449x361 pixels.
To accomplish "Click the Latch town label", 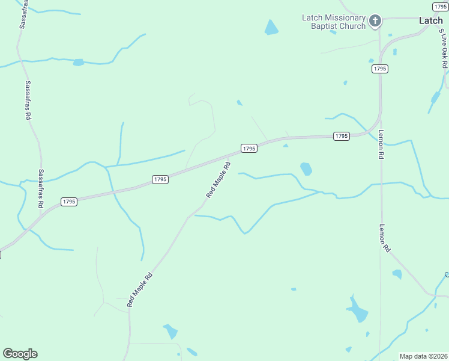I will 430,20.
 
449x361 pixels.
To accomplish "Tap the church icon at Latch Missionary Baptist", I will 375,22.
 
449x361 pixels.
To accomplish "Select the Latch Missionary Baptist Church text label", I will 333,22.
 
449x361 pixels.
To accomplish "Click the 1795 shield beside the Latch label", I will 440,6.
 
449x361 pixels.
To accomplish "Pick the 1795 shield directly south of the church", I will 379,69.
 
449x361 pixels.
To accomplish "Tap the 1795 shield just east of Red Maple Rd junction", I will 249,148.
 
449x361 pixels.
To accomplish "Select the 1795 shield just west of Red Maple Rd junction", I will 160,179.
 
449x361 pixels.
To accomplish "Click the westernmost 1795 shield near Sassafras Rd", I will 68,202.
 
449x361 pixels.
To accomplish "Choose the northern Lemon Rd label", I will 381,145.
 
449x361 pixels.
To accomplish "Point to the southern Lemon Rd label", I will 385,238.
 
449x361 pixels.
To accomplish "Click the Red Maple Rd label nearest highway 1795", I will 218,179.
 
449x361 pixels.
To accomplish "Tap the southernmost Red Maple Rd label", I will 140,290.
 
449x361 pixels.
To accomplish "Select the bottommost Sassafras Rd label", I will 41,188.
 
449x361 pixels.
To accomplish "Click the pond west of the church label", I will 271,27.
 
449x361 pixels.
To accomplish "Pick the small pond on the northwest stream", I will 78,62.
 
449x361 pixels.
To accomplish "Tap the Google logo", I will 20,354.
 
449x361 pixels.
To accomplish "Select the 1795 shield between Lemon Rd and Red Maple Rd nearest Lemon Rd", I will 341,136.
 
